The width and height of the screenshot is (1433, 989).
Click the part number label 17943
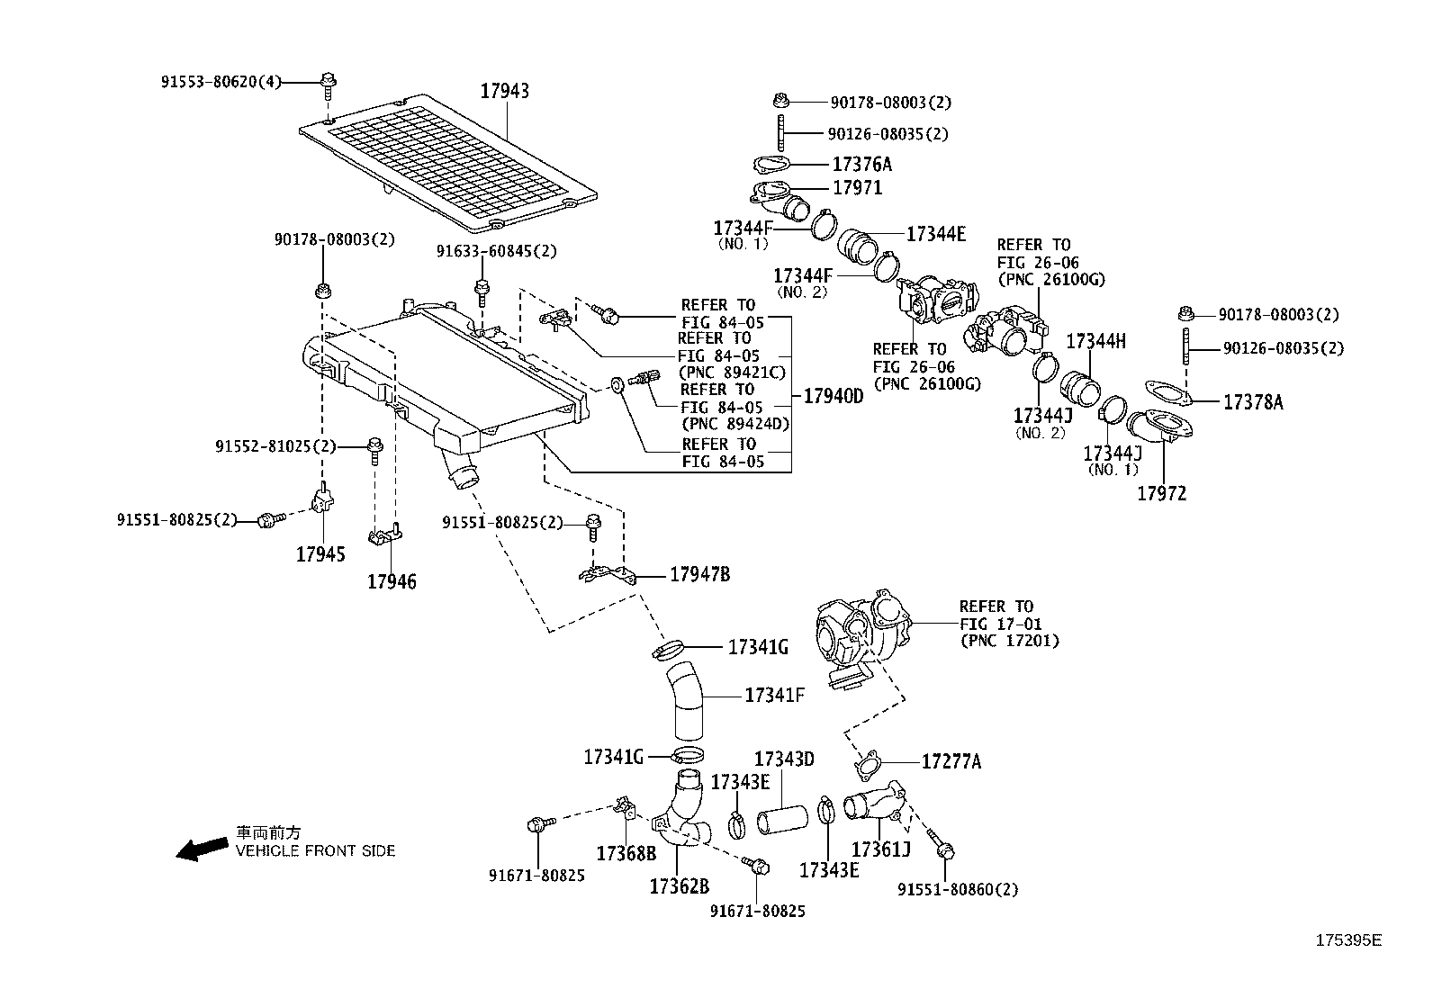pos(504,91)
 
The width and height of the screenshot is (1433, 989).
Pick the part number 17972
pos(1161,493)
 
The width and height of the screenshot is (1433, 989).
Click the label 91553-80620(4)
pos(221,82)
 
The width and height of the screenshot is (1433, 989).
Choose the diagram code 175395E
pos(1347,940)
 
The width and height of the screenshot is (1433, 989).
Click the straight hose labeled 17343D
pos(779,820)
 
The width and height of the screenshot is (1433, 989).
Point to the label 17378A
pos(1253,402)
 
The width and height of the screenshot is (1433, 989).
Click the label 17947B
pos(699,574)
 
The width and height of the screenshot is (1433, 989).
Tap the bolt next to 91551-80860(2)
pos(941,847)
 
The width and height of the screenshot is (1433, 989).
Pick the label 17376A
pos(861,164)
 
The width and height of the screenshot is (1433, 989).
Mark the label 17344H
pos(1095,341)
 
